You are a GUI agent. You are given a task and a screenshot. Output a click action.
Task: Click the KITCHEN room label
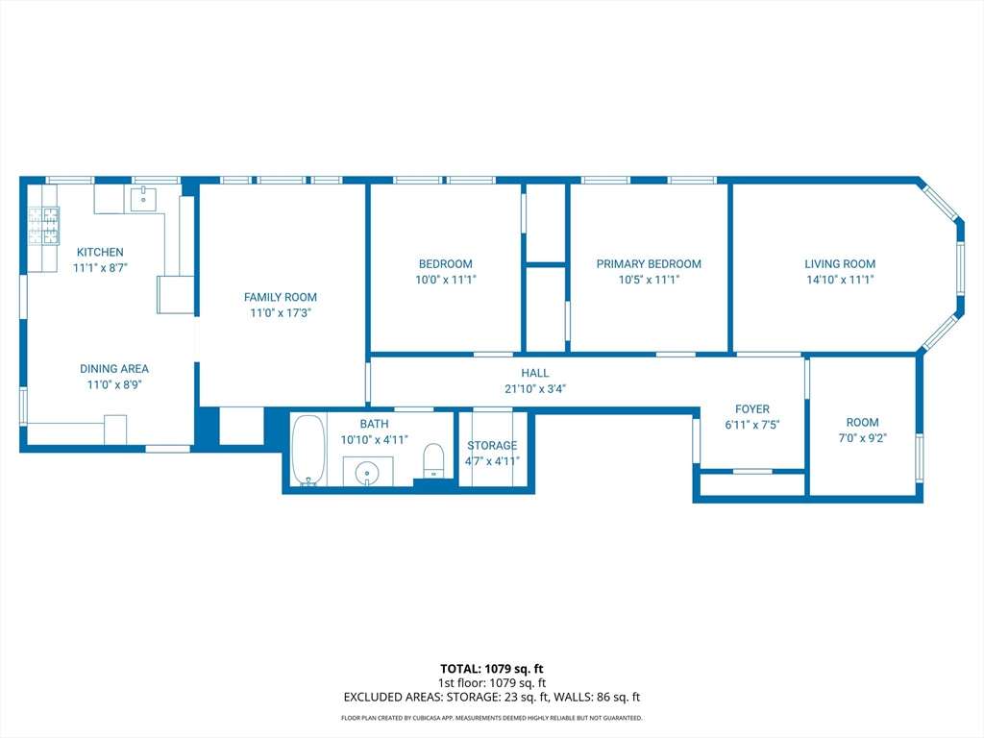point(100,252)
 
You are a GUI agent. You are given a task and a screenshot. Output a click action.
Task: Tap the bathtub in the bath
point(308,449)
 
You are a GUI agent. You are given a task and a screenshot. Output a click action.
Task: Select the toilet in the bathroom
point(433,459)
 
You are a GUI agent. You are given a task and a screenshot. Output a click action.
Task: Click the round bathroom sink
point(366,473)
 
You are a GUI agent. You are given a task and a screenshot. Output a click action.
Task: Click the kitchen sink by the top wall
point(145,199)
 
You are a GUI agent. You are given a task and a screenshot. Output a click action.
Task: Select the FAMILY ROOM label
point(280,297)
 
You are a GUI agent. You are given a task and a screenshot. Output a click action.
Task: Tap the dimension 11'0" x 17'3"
point(280,313)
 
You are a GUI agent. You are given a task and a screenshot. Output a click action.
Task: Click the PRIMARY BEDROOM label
point(649,264)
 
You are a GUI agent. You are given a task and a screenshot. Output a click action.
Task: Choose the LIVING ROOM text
point(840,264)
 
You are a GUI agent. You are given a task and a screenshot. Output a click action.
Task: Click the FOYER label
point(751,409)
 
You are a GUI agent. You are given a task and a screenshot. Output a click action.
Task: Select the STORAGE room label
point(492,446)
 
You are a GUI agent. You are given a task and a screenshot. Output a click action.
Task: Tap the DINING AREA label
point(114,368)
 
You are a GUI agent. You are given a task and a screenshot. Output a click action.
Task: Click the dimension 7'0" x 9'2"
point(862,439)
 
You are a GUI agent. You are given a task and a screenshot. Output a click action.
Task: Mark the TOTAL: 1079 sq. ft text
point(492,669)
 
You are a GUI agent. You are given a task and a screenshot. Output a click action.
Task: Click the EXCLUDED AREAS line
point(492,698)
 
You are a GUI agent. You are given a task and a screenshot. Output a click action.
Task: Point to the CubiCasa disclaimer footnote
point(492,718)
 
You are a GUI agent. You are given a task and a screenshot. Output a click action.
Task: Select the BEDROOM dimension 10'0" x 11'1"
point(445,281)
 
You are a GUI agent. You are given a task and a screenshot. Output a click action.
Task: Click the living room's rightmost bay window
point(959,267)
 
